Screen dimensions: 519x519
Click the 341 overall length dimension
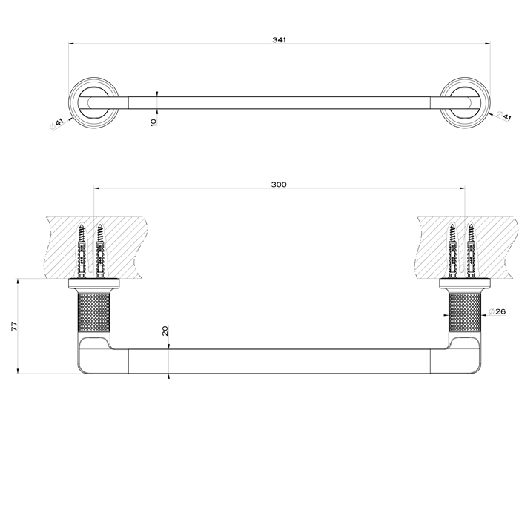(x=280, y=39)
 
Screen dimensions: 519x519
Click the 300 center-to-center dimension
(x=280, y=185)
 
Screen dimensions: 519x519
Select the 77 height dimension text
(x=13, y=326)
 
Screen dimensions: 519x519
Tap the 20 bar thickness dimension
(x=165, y=332)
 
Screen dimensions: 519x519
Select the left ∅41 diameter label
(x=57, y=123)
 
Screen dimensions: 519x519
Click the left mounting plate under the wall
(x=93, y=284)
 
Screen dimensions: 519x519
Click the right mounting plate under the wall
(x=466, y=284)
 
